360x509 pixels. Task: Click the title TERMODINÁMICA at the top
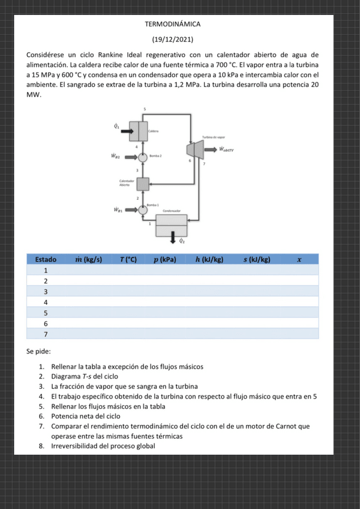pyautogui.click(x=172, y=24)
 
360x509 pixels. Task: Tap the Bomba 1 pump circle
pyautogui.click(x=143, y=210)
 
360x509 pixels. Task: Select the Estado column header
pyautogui.click(x=46, y=259)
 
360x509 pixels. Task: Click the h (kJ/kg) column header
pyautogui.click(x=209, y=259)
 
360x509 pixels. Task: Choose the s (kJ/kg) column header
pyautogui.click(x=257, y=259)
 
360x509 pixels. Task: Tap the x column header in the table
pyautogui.click(x=298, y=259)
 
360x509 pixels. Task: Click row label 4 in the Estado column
pyautogui.click(x=46, y=302)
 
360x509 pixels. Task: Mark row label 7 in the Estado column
pyautogui.click(x=46, y=334)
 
